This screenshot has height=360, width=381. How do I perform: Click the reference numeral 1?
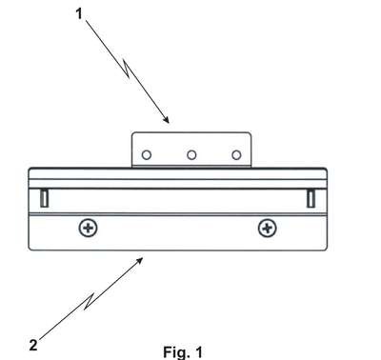click(x=79, y=14)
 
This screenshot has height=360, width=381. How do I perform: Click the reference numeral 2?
click(x=33, y=345)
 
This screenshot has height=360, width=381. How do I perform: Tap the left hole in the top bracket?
click(x=147, y=155)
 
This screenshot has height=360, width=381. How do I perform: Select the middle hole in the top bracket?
click(x=191, y=155)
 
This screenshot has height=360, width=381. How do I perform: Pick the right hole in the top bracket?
click(x=236, y=155)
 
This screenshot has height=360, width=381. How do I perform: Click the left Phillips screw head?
click(x=88, y=228)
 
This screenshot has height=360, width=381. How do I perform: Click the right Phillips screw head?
click(x=268, y=228)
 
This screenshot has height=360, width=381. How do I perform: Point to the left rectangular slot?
click(x=44, y=198)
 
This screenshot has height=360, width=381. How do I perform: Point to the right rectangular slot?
click(x=311, y=198)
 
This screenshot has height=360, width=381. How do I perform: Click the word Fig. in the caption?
click(x=174, y=352)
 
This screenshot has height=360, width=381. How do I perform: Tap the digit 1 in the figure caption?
click(x=198, y=351)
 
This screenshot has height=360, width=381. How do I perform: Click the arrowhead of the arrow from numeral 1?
click(x=167, y=120)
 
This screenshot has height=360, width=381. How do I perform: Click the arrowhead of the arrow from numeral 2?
click(x=139, y=261)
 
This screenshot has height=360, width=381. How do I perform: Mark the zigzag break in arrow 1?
click(x=126, y=69)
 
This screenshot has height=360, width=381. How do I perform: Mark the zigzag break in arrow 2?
click(x=90, y=302)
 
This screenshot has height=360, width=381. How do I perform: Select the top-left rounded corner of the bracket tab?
click(x=133, y=134)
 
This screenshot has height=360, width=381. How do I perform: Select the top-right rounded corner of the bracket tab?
click(x=250, y=134)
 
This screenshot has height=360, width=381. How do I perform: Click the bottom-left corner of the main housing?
click(x=30, y=249)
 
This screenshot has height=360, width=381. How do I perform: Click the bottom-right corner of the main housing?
click(x=326, y=249)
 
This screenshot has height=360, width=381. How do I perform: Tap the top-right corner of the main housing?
click(x=326, y=170)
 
